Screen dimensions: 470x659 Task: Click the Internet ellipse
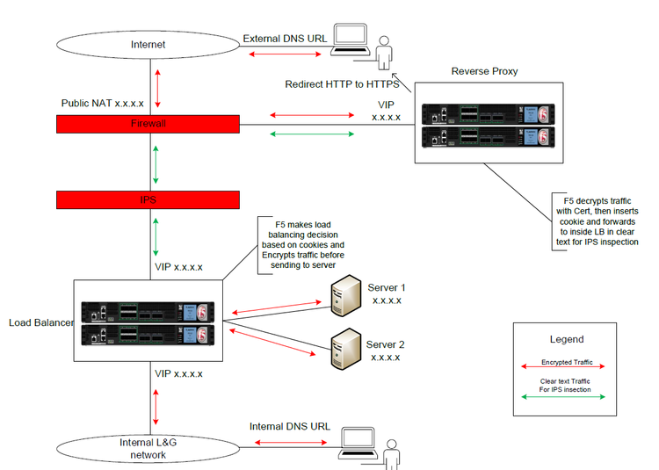pos(148,43)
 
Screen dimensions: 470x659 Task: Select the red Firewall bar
pos(148,124)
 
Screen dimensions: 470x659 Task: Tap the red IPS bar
pos(148,200)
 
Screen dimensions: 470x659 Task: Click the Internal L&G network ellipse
pos(148,447)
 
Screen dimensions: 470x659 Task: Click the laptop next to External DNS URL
pos(349,40)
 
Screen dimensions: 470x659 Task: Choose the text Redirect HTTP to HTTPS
pos(343,84)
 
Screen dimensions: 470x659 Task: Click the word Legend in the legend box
pos(565,339)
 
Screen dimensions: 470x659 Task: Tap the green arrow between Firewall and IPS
pos(156,163)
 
